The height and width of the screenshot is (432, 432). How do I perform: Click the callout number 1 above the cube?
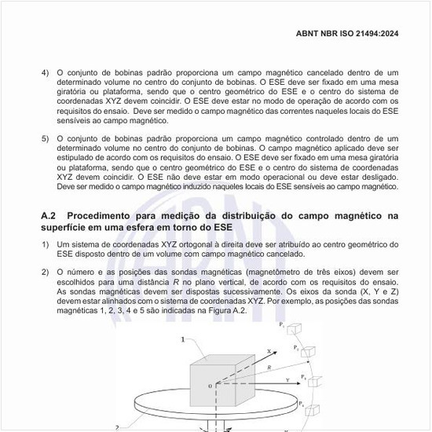click(x=183, y=340)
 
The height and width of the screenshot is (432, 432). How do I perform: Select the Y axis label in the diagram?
click(x=289, y=379)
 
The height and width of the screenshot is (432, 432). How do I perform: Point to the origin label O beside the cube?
click(x=209, y=386)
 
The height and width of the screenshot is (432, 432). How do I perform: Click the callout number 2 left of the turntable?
click(x=117, y=427)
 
